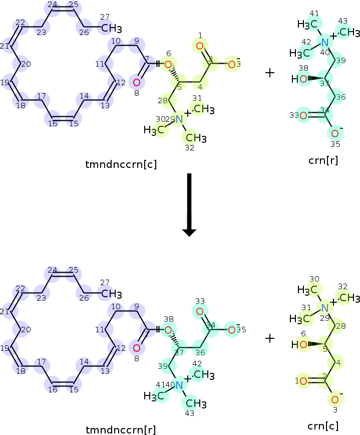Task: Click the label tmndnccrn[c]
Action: point(121,163)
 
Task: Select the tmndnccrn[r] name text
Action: point(121,429)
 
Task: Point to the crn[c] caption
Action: point(323,426)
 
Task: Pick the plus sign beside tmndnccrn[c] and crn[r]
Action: point(270,73)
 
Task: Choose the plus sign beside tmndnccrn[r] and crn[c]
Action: point(270,338)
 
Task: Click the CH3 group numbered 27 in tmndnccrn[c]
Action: point(112,28)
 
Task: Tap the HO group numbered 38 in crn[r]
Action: point(299,79)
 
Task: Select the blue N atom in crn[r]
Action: point(325,42)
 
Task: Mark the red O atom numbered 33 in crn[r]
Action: point(303,115)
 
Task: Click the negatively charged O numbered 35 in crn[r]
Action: point(334,133)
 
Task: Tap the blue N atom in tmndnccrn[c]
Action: point(179,119)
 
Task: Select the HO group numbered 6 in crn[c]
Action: point(299,345)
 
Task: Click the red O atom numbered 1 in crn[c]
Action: point(303,381)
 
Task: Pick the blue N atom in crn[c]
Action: point(325,308)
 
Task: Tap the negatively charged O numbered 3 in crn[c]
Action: point(334,399)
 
